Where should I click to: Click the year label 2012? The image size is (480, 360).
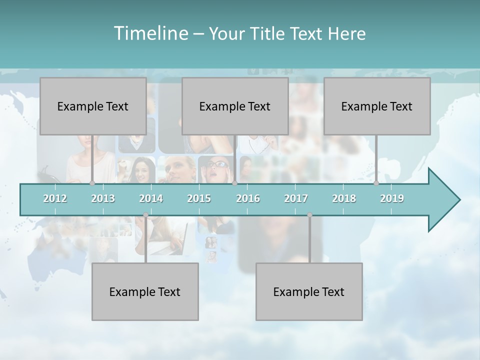pyautogui.click(x=55, y=198)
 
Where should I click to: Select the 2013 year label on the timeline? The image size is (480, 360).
pyautogui.click(x=103, y=198)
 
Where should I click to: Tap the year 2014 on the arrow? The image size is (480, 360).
pyautogui.click(x=151, y=198)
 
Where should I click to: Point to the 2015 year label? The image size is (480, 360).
pyautogui.click(x=199, y=198)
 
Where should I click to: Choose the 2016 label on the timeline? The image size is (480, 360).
pyautogui.click(x=248, y=198)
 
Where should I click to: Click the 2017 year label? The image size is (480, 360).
pyautogui.click(x=296, y=198)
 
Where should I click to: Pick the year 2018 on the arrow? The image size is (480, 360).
pyautogui.click(x=344, y=198)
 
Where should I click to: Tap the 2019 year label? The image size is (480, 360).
pyautogui.click(x=392, y=198)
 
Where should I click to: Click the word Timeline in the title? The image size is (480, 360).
pyautogui.click(x=150, y=33)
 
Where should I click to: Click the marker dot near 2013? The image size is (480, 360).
pyautogui.click(x=92, y=183)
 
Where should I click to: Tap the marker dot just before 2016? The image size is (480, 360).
pyautogui.click(x=234, y=183)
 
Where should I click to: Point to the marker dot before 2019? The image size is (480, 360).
pyautogui.click(x=376, y=183)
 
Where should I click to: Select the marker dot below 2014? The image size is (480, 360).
pyautogui.click(x=145, y=215)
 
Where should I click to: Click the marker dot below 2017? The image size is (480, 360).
pyautogui.click(x=309, y=215)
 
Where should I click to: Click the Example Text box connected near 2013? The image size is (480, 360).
pyautogui.click(x=93, y=106)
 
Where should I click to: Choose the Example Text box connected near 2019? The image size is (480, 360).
pyautogui.click(x=377, y=106)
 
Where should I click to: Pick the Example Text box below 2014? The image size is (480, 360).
pyautogui.click(x=145, y=291)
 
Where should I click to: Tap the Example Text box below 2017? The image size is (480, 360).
pyautogui.click(x=309, y=291)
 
